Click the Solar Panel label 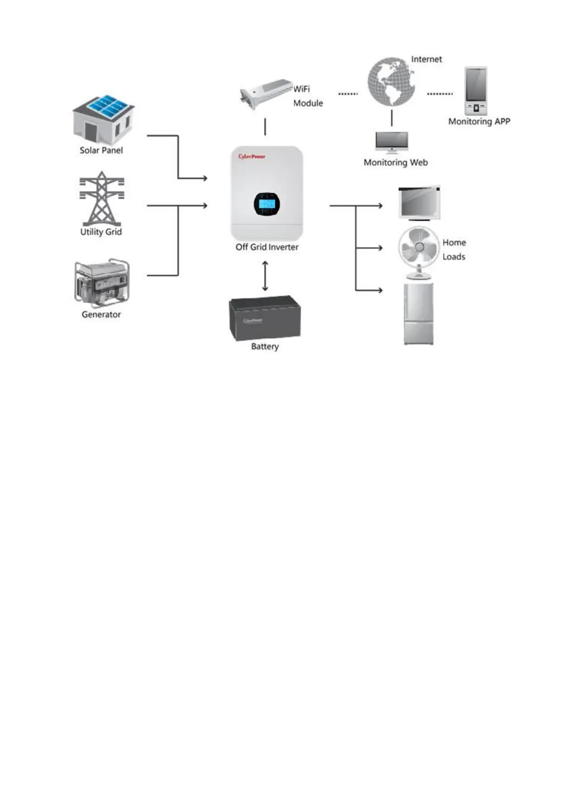coord(101,150)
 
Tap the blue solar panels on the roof coord(110,106)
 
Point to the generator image coord(102,283)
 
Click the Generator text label coord(101,315)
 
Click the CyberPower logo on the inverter coord(252,156)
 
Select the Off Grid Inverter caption coord(267,247)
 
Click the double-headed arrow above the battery coord(265,276)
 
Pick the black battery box coord(265,318)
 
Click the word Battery coord(265,346)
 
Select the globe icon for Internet coord(391,82)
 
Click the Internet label coord(426,59)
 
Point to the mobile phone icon coord(476,90)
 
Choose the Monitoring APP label coord(479,122)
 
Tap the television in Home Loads coord(419,202)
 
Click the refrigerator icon coord(419,314)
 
